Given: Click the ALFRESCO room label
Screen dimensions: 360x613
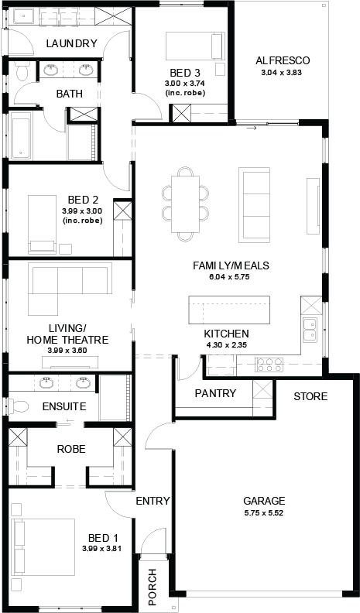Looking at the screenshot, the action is click(x=283, y=60).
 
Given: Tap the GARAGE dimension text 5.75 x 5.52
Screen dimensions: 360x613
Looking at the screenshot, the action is click(x=264, y=513).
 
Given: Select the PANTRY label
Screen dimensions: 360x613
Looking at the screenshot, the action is click(x=215, y=393).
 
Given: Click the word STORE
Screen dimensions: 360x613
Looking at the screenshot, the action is click(x=310, y=396).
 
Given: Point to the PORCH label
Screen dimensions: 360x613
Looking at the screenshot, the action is click(x=152, y=587).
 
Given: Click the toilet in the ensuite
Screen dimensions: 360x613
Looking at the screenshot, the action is click(x=19, y=406).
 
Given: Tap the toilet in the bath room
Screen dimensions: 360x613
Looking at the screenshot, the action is click(x=22, y=72).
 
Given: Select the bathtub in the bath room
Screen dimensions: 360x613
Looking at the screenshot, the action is click(x=21, y=136).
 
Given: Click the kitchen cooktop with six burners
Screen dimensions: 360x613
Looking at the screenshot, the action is click(x=269, y=365).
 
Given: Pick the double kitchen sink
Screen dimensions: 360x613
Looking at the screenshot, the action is click(x=310, y=330).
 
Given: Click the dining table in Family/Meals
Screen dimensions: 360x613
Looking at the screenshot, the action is click(x=185, y=204).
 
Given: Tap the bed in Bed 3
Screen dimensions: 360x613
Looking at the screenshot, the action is click(x=195, y=46).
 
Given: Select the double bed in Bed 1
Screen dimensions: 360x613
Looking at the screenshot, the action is click(x=43, y=548).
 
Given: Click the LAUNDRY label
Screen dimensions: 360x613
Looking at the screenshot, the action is click(x=71, y=43).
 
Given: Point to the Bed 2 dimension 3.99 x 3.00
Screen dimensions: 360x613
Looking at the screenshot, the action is click(x=82, y=211).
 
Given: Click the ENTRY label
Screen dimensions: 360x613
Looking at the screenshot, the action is click(x=153, y=501).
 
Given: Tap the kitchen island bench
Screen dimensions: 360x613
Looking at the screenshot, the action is click(x=229, y=310).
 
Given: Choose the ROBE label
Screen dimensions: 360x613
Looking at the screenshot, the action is click(x=71, y=449).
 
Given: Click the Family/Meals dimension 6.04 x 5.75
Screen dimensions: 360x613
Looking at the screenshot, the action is click(x=229, y=277).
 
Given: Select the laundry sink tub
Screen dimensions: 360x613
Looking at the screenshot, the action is click(x=24, y=16).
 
